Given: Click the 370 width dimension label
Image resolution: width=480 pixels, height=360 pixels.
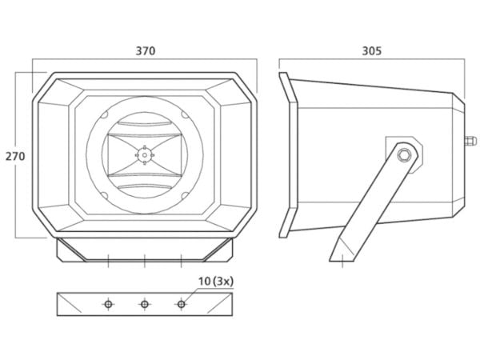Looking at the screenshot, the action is click(x=146, y=51).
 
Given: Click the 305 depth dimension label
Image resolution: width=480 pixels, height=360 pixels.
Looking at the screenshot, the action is click(x=372, y=51).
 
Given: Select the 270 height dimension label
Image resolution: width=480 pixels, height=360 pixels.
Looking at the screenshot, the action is click(x=15, y=157).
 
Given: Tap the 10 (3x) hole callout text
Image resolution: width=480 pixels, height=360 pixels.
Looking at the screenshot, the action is click(x=216, y=282).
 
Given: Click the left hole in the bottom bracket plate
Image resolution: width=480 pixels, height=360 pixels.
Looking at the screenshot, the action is click(x=108, y=304).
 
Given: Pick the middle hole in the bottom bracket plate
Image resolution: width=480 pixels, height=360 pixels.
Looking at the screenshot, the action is click(x=145, y=304).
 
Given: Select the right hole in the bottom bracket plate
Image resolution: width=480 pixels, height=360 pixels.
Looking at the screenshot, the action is click(x=182, y=304).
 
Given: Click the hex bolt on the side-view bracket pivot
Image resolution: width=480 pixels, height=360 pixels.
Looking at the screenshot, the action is click(x=404, y=154).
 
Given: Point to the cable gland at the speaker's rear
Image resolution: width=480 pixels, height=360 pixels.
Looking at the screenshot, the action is click(x=470, y=141).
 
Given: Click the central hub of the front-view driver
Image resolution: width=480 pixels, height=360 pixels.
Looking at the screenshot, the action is click(x=145, y=155).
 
